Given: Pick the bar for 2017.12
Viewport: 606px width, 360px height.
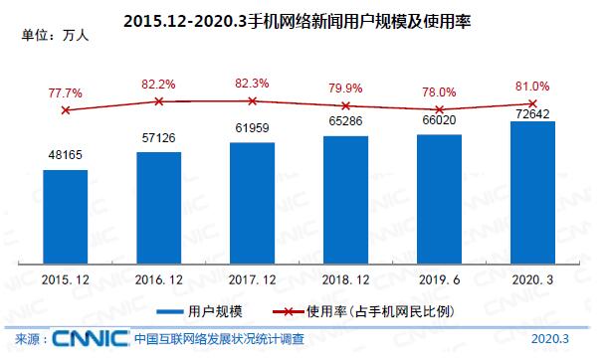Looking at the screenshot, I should coord(253,204).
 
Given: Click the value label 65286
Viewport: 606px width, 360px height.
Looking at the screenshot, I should coord(346,125).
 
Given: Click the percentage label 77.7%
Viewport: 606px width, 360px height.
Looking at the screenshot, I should coord(66,92).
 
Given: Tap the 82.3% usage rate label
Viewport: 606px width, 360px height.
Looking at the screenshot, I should coord(253,84).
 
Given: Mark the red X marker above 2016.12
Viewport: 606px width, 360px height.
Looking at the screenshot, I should coord(159,101).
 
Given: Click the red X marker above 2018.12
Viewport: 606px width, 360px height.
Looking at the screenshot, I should coord(346,105).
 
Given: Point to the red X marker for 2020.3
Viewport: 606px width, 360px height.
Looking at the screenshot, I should coord(533,103).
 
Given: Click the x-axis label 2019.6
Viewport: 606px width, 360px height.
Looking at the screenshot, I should coord(440,281).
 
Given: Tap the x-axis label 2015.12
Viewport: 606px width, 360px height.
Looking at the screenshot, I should coord(66,281).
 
